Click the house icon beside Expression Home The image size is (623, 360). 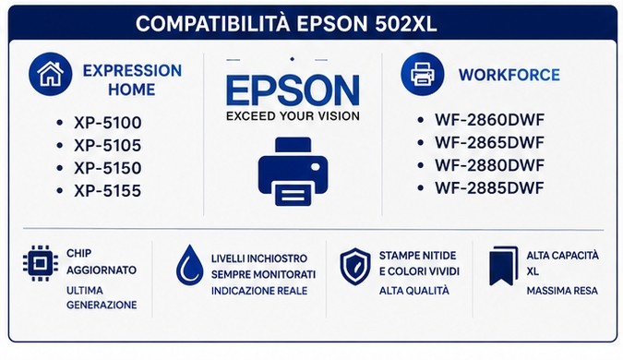[x=51, y=74]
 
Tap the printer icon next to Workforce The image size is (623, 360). [x=422, y=74]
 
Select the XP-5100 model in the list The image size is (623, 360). [x=108, y=123]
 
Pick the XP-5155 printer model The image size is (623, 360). [x=108, y=191]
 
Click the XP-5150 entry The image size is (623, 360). [x=108, y=168]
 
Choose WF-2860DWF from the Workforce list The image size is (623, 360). [x=489, y=120]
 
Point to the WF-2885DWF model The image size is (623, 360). [x=489, y=188]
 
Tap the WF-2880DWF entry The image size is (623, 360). [x=489, y=165]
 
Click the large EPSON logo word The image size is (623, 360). [x=293, y=91]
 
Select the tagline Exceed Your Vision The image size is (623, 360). [x=293, y=116]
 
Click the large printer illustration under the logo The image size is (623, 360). [x=293, y=172]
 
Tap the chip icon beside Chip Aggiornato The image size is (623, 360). [x=40, y=263]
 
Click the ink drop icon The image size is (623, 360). [x=189, y=265]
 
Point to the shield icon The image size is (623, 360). [x=355, y=267]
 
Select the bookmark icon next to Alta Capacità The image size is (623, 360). [x=504, y=266]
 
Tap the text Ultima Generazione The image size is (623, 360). [x=102, y=297]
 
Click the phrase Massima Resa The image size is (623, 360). [x=562, y=291]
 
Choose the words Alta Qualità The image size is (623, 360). [x=414, y=291]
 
